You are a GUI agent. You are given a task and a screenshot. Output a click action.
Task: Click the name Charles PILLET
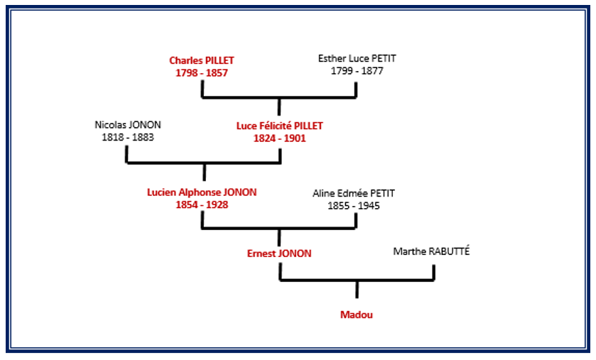pyautogui.click(x=202, y=60)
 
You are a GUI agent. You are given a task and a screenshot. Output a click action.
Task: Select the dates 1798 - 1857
pyautogui.click(x=202, y=72)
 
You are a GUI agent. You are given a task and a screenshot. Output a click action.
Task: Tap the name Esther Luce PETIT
pyautogui.click(x=356, y=59)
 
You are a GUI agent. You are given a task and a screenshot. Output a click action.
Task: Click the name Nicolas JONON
pyautogui.click(x=128, y=125)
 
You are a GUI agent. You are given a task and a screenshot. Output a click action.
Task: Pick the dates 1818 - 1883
pyautogui.click(x=128, y=137)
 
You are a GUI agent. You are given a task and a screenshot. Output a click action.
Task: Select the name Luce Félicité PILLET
pyautogui.click(x=279, y=126)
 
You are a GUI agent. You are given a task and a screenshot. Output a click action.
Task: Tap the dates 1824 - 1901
pyautogui.click(x=279, y=138)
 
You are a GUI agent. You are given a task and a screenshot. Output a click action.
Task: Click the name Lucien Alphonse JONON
pyautogui.click(x=202, y=192)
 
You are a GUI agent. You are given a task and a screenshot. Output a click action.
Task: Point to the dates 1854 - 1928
pyautogui.click(x=202, y=204)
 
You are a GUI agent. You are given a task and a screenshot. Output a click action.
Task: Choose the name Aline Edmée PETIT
pyautogui.click(x=353, y=193)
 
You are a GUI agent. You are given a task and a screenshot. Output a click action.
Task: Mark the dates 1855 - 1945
pyautogui.click(x=353, y=206)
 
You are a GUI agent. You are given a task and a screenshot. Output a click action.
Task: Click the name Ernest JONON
pyautogui.click(x=279, y=253)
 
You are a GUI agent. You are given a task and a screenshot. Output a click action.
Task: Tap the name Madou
pyautogui.click(x=357, y=315)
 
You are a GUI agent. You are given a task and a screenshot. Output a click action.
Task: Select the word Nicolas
pyautogui.click(x=112, y=125)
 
